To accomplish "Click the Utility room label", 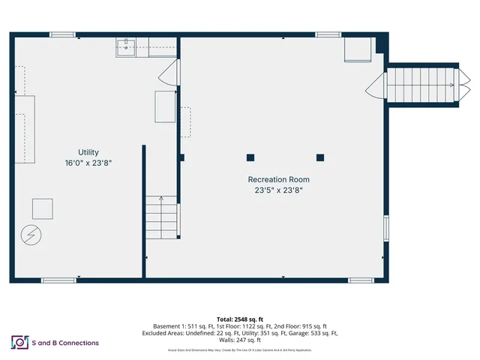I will (88, 152).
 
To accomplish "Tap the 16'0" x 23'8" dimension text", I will (88, 163).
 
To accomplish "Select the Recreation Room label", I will (278, 180).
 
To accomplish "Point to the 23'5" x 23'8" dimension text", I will (278, 190).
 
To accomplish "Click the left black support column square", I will (250, 157).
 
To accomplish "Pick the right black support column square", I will (320, 157).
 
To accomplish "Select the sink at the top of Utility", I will (125, 47).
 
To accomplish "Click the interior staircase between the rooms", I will (163, 217).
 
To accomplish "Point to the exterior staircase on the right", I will (420, 85).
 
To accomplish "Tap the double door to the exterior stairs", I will (376, 85).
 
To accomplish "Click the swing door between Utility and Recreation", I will (172, 73).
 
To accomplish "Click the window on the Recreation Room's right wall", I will (386, 229).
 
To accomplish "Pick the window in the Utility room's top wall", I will (62, 34).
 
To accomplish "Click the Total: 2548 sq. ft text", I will (240, 319).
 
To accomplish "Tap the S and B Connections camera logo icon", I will (19, 343).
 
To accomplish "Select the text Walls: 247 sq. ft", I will (240, 340).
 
